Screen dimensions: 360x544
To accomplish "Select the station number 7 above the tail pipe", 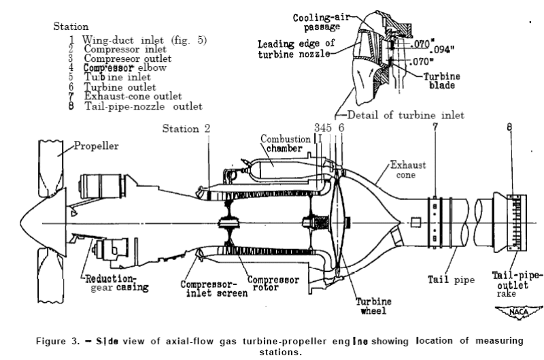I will (x=435, y=128).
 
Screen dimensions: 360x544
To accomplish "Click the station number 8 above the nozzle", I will (x=509, y=128).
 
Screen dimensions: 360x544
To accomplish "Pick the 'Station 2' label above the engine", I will (x=190, y=129).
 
